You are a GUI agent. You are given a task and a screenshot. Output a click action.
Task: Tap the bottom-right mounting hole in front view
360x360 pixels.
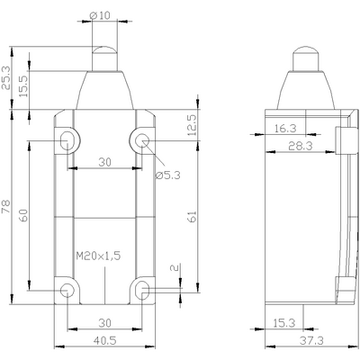click(x=141, y=289)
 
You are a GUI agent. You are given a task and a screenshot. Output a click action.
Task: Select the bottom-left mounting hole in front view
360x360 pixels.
click(x=69, y=289)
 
